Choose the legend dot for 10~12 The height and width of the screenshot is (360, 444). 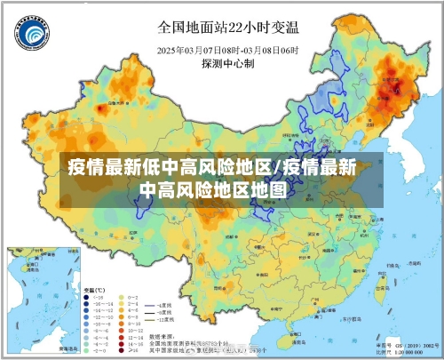pyautogui.click(x=121, y=332)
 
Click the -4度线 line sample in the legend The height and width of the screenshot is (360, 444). pyautogui.click(x=151, y=305)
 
